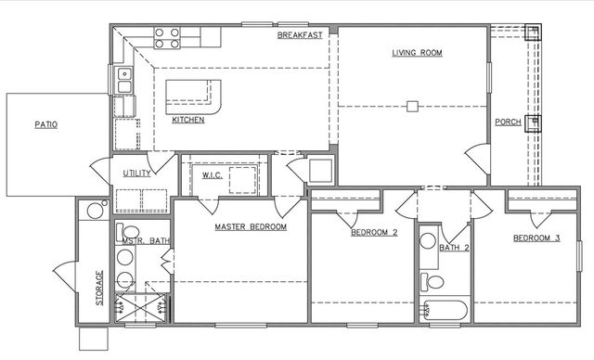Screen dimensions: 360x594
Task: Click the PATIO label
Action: tap(46, 123)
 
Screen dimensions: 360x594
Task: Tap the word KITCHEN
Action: tap(188, 120)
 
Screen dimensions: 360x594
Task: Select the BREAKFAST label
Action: tap(300, 36)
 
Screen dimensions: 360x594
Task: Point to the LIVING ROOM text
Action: tap(416, 53)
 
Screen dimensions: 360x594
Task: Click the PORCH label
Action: tap(507, 122)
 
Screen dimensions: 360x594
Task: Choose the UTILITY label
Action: tap(137, 174)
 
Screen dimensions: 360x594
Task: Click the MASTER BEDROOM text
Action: tap(251, 226)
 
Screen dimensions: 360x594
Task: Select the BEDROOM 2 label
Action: tap(374, 233)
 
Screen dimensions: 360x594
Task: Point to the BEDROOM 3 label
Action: tap(536, 238)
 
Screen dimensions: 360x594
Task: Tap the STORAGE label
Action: tap(100, 288)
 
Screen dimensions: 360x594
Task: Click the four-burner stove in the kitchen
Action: tap(166, 38)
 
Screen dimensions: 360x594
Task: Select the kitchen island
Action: tap(193, 96)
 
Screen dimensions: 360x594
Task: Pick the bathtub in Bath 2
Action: tap(446, 311)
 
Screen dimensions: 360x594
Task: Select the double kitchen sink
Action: tap(123, 81)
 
